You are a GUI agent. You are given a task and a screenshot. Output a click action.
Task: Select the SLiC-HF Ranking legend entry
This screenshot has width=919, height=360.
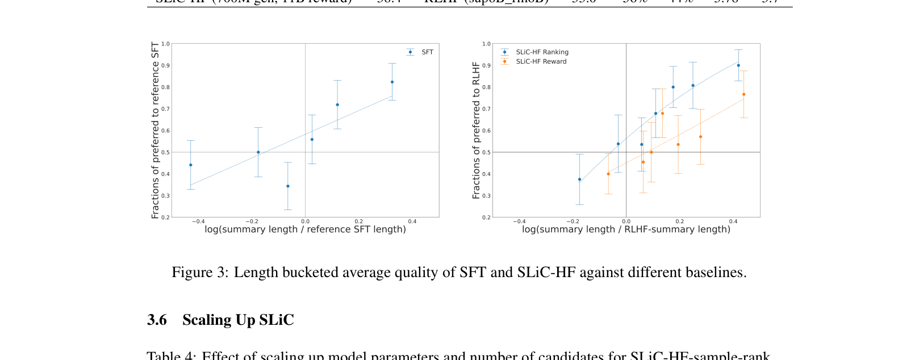click(x=541, y=52)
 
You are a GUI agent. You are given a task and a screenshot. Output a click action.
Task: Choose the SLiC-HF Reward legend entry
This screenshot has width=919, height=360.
click(x=540, y=61)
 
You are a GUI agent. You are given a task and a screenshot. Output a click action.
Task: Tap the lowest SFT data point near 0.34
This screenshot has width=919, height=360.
click(x=288, y=186)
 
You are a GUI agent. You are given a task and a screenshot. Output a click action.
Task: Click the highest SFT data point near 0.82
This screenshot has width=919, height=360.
click(x=392, y=82)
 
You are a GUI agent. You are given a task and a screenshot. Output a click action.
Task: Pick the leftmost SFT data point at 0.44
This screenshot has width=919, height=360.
click(x=191, y=165)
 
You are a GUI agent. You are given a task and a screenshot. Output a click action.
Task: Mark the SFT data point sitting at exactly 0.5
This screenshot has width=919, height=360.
click(x=258, y=152)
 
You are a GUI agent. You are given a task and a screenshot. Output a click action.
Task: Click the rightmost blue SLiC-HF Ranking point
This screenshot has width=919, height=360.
click(x=738, y=65)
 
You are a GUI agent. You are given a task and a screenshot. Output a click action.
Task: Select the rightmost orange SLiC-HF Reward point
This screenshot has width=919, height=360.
click(x=743, y=95)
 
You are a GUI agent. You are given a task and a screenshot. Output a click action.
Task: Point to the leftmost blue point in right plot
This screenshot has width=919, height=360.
click(x=579, y=179)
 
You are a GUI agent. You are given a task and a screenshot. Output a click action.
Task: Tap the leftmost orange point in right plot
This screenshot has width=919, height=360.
click(x=608, y=174)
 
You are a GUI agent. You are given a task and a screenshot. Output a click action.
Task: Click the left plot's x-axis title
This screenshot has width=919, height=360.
click(x=305, y=229)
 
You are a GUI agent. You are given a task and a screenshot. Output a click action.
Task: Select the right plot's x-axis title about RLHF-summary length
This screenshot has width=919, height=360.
click(x=626, y=229)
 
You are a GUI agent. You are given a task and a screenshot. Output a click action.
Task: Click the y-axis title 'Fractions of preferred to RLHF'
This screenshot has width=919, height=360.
click(x=476, y=130)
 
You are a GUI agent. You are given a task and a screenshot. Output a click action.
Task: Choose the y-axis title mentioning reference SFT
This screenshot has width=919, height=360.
click(x=155, y=130)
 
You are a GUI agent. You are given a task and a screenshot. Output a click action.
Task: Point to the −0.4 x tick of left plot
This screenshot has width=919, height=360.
click(x=198, y=221)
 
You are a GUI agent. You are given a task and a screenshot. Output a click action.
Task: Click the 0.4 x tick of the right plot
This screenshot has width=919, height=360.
click(x=733, y=221)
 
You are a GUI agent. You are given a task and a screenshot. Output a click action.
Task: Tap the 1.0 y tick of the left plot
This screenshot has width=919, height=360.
click(x=165, y=44)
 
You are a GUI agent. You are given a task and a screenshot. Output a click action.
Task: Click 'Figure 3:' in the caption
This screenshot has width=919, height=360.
click(x=200, y=273)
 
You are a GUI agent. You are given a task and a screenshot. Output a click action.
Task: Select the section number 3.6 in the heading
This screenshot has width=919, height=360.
click(x=157, y=320)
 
